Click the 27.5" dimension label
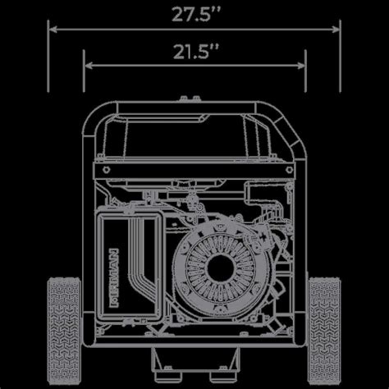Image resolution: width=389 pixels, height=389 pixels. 194,13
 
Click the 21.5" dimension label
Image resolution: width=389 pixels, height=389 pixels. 194,52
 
